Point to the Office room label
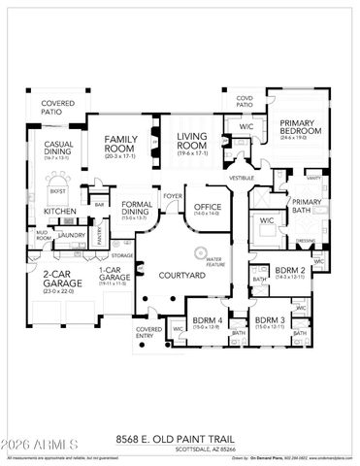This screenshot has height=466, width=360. pos(207,207)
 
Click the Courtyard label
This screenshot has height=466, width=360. pos(180,277)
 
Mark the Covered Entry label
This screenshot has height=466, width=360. pos(148,334)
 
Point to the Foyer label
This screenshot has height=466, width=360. pos(173,194)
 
